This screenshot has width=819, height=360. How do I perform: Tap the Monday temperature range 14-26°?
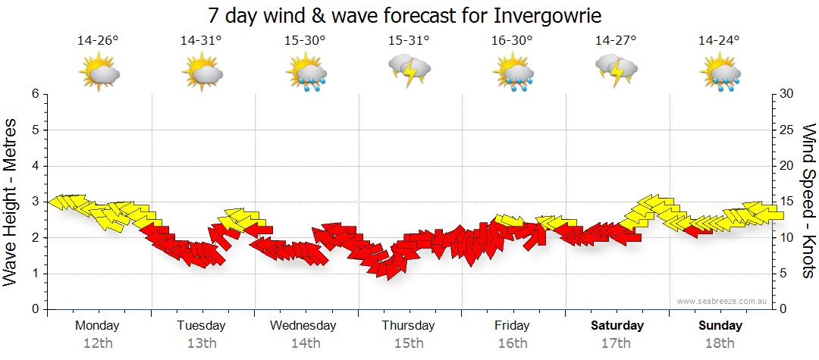98,41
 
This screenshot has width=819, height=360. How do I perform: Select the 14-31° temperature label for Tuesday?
201,41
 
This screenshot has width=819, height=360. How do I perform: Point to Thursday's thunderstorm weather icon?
409,70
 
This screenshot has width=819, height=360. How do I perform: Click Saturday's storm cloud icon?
616,70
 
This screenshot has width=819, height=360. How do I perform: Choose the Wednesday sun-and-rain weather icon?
306,74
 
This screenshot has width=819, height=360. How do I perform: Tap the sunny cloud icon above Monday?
99,74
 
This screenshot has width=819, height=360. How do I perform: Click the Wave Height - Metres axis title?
11,202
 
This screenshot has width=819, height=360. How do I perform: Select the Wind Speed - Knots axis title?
808,202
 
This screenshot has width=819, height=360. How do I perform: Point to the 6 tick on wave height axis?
35,94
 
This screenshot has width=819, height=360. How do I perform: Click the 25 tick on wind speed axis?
788,130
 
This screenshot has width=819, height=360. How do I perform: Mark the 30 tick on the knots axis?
788,94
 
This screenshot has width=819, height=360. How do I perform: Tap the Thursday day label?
408,326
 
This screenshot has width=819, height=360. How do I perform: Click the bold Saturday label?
617,326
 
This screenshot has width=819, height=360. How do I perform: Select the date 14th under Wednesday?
305,343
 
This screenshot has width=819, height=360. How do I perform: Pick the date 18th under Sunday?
720,343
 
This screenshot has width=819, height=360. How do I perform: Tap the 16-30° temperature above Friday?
512,41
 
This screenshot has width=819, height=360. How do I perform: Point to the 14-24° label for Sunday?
719,41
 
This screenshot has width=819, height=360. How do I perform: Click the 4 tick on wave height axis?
35,166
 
